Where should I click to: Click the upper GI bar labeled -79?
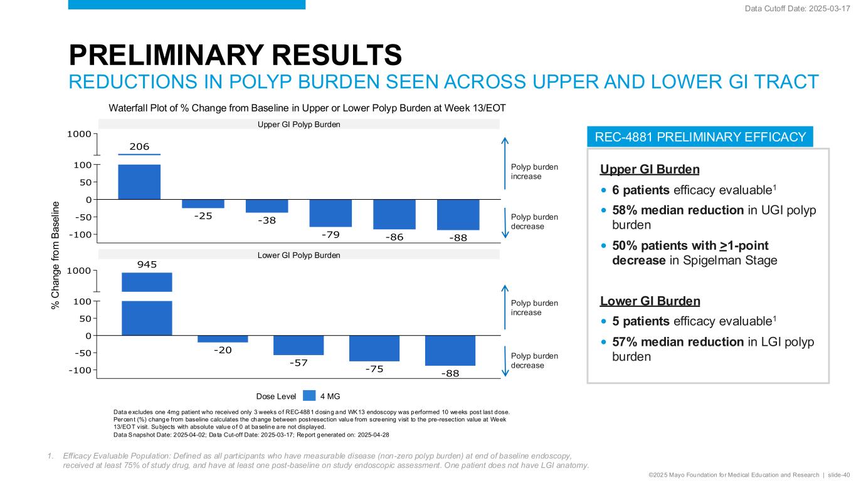tap(330, 213)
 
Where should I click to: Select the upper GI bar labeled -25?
tap(203, 204)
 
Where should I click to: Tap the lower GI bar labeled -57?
tap(299, 345)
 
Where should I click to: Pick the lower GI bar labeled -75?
tap(374, 348)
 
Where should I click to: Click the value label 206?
tap(139, 147)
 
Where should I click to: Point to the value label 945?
tap(147, 265)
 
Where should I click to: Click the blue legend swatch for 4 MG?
tap(309, 395)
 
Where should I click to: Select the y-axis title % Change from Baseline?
tap(56, 254)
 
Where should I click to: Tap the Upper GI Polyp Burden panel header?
tap(299, 125)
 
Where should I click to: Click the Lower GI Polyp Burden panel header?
tap(299, 255)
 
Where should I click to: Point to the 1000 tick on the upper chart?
tap(80, 133)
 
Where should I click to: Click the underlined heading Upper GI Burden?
tap(650, 170)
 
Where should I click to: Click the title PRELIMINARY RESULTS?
tap(235, 55)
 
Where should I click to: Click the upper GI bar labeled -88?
tap(458, 215)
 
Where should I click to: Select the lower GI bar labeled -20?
tap(223, 339)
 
